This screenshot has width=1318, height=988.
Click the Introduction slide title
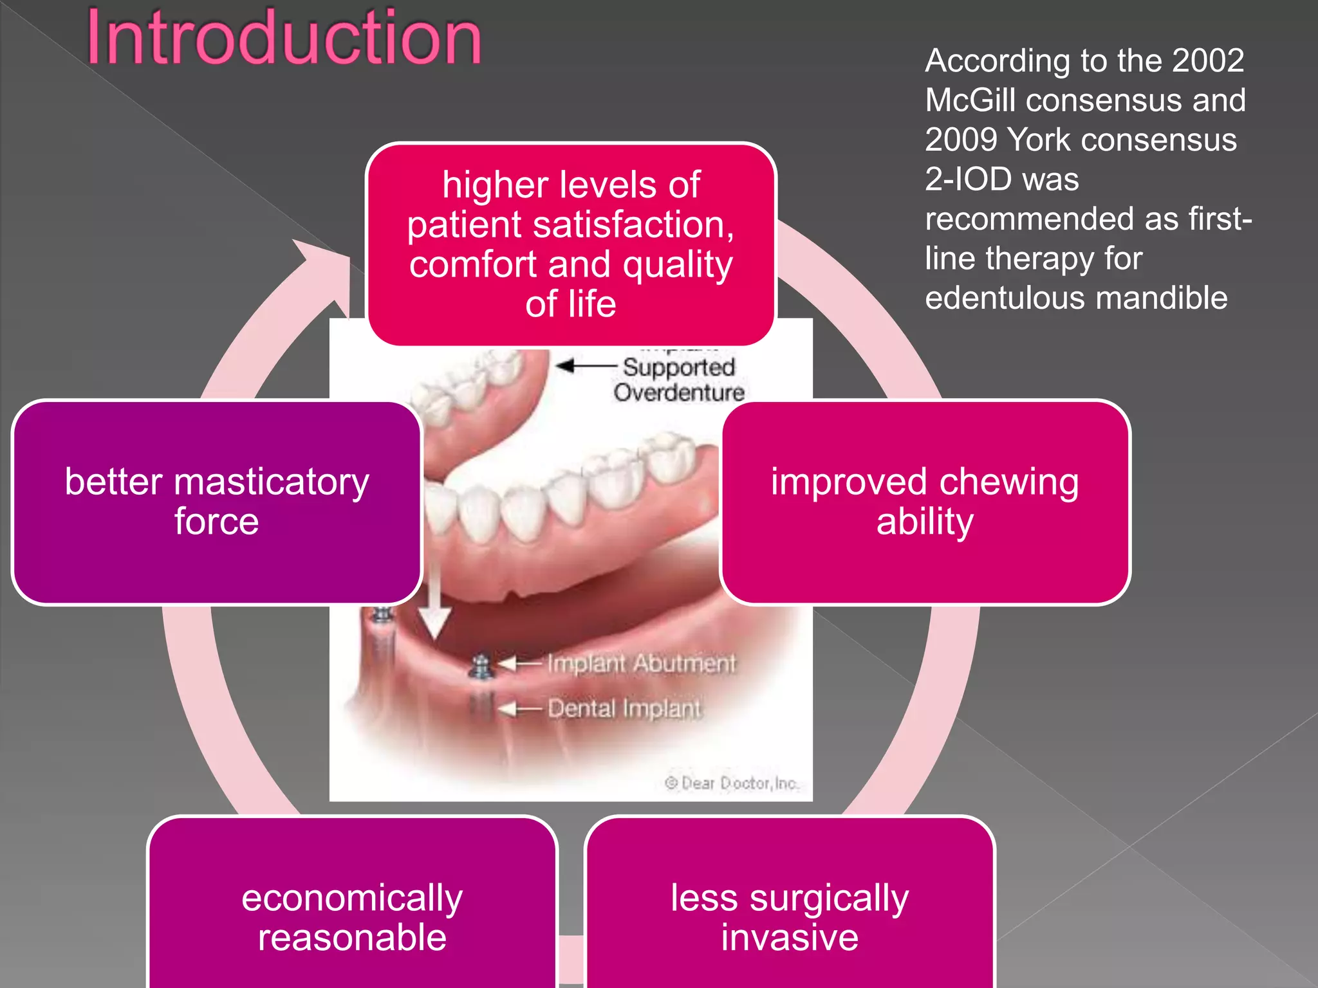click(283, 39)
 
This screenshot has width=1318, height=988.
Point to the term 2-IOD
click(968, 179)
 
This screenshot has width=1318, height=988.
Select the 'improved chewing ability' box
click(925, 502)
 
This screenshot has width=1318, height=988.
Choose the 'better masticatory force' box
click(217, 502)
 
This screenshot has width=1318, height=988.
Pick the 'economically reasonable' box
click(352, 913)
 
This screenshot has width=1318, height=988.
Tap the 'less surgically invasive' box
click(790, 913)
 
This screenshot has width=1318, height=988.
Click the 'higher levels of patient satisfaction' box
click(571, 244)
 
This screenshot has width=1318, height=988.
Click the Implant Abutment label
click(641, 663)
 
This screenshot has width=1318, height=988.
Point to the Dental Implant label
click(624, 709)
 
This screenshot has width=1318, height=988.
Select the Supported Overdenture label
click(679, 380)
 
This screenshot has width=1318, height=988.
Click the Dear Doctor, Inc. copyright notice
click(732, 783)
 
